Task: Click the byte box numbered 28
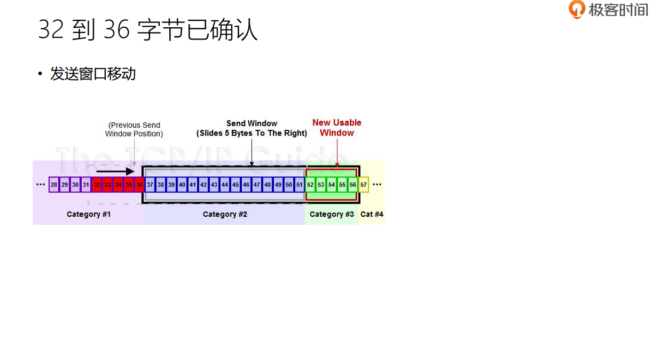(54, 185)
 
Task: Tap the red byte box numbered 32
(97, 185)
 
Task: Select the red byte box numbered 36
(139, 185)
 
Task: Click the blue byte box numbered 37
(150, 185)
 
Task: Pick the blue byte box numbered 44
(225, 185)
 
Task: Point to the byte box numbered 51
(300, 185)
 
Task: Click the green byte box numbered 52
(310, 185)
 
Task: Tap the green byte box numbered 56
(353, 185)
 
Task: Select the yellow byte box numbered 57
(364, 185)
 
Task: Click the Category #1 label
(89, 214)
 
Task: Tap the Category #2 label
(225, 214)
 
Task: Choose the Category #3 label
(332, 214)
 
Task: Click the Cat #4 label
(372, 214)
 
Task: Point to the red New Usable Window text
(337, 128)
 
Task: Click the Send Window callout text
(252, 128)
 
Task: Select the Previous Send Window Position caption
(134, 129)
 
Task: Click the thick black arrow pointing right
(115, 171)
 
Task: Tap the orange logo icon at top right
(577, 9)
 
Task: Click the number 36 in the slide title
(117, 30)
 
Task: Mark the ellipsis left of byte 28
(41, 185)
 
